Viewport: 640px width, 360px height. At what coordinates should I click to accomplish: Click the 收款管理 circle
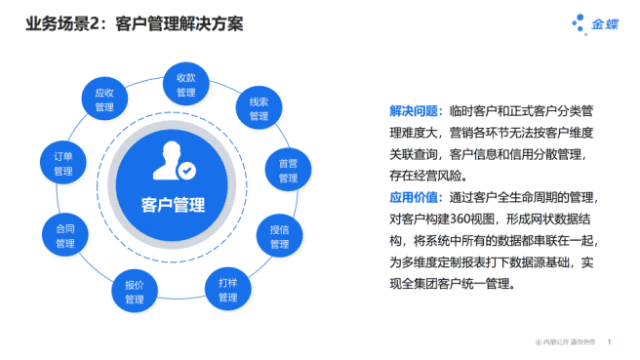(186, 85)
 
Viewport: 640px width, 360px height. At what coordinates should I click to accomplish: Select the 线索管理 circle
(259, 108)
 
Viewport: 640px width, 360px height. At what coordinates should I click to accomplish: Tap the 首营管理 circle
(288, 170)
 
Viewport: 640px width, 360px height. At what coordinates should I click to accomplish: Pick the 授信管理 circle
(280, 236)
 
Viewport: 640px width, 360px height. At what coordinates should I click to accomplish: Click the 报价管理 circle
(135, 291)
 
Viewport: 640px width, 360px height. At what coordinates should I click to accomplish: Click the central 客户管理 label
(173, 205)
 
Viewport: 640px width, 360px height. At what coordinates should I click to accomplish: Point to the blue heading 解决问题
(416, 112)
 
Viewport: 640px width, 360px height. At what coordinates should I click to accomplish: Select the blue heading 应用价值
(416, 198)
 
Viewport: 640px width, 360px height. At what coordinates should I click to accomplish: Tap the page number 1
(610, 342)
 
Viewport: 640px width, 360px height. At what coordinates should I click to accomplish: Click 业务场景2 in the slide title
(62, 22)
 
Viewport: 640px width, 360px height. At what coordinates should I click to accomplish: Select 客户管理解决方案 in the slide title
(177, 22)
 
